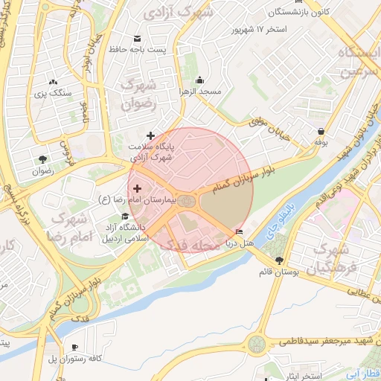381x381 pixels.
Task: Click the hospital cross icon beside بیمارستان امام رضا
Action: [137, 189]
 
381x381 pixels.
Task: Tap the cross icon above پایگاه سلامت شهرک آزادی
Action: [151, 135]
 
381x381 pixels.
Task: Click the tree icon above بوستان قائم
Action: [279, 260]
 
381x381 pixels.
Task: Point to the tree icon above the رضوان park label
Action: [42, 159]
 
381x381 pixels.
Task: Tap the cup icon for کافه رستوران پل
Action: [74, 348]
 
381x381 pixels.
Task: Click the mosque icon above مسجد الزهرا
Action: [199, 80]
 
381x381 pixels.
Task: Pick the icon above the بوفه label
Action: [320, 131]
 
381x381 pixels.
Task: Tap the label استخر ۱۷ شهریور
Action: [258, 30]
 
